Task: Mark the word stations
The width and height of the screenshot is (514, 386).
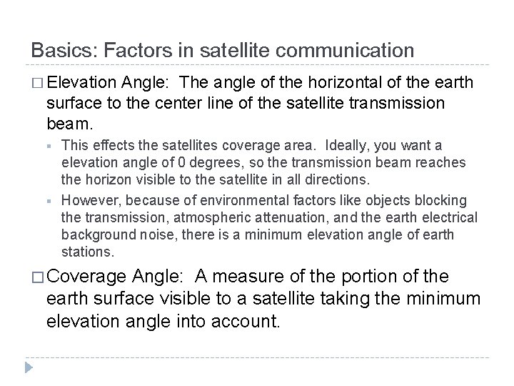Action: [x=86, y=252]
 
